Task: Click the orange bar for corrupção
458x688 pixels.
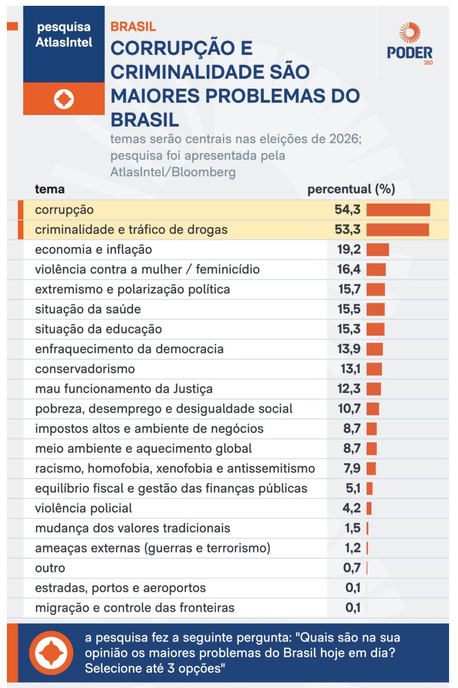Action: [x=398, y=210]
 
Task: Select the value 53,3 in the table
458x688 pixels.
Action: [x=347, y=230]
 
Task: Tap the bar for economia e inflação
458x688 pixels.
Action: [x=378, y=250]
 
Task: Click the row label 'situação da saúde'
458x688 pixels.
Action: [x=88, y=309]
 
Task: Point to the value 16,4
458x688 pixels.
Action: [x=349, y=270]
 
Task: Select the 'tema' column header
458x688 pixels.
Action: [x=50, y=189]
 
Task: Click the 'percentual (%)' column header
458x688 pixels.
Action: [x=351, y=189]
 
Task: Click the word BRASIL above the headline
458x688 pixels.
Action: [x=133, y=27]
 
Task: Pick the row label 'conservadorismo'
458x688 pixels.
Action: [x=85, y=369]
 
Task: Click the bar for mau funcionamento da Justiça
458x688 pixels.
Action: [x=374, y=389]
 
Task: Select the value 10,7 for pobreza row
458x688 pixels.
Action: [x=349, y=409]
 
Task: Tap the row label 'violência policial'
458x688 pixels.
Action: [x=83, y=509]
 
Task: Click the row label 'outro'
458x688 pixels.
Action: [x=50, y=568]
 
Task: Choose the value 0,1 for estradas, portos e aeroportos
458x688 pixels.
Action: [x=353, y=588]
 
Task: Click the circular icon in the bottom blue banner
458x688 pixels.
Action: [x=51, y=653]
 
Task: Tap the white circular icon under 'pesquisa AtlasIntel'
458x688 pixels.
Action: [x=64, y=99]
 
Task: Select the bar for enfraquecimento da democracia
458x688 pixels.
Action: [x=375, y=349]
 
